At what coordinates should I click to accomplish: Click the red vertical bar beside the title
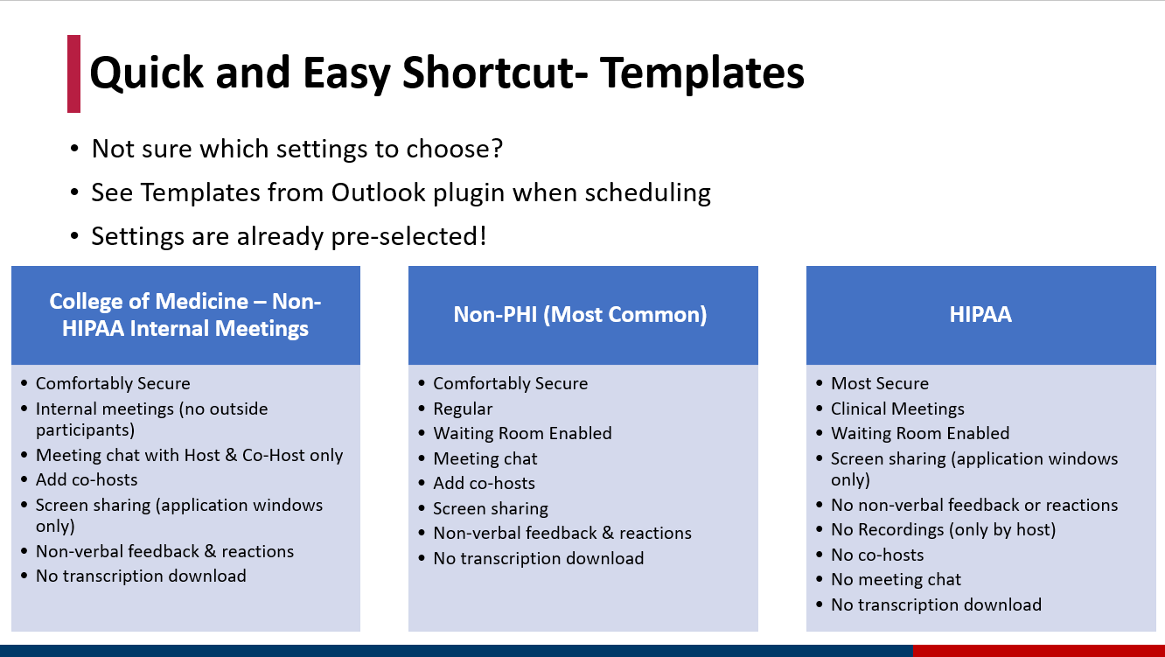[73, 73]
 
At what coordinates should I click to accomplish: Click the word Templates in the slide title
[702, 73]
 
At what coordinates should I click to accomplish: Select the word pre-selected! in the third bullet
[408, 237]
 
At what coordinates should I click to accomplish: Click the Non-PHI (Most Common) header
[581, 315]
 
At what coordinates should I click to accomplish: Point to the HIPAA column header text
[980, 314]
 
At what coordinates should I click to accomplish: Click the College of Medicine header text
[185, 315]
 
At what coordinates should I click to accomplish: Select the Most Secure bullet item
[880, 383]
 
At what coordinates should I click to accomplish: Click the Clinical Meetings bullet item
[897, 409]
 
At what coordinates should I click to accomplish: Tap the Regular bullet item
[463, 409]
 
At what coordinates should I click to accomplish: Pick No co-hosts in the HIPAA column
[877, 555]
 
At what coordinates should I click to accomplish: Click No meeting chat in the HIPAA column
[896, 579]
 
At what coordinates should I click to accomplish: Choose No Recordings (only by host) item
[944, 529]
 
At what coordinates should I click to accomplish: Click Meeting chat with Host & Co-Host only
[189, 455]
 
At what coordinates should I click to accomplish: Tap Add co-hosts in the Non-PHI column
[485, 483]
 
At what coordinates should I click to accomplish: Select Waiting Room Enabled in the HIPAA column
[920, 433]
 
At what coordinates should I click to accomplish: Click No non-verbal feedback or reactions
[974, 505]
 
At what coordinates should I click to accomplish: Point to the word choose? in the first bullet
[455, 149]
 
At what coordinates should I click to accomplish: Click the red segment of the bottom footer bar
[1039, 651]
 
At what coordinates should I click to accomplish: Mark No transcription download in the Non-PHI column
[539, 559]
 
